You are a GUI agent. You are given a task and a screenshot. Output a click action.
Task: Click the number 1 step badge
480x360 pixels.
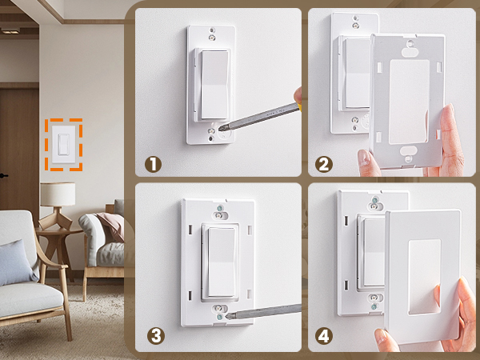pyautogui.click(x=153, y=164)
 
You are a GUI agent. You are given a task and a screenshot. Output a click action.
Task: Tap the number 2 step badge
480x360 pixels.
pyautogui.click(x=324, y=164)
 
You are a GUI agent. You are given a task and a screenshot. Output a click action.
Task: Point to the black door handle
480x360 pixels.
pyautogui.click(x=4, y=175)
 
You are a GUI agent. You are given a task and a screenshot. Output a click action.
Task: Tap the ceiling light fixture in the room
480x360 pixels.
pyautogui.click(x=10, y=30)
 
